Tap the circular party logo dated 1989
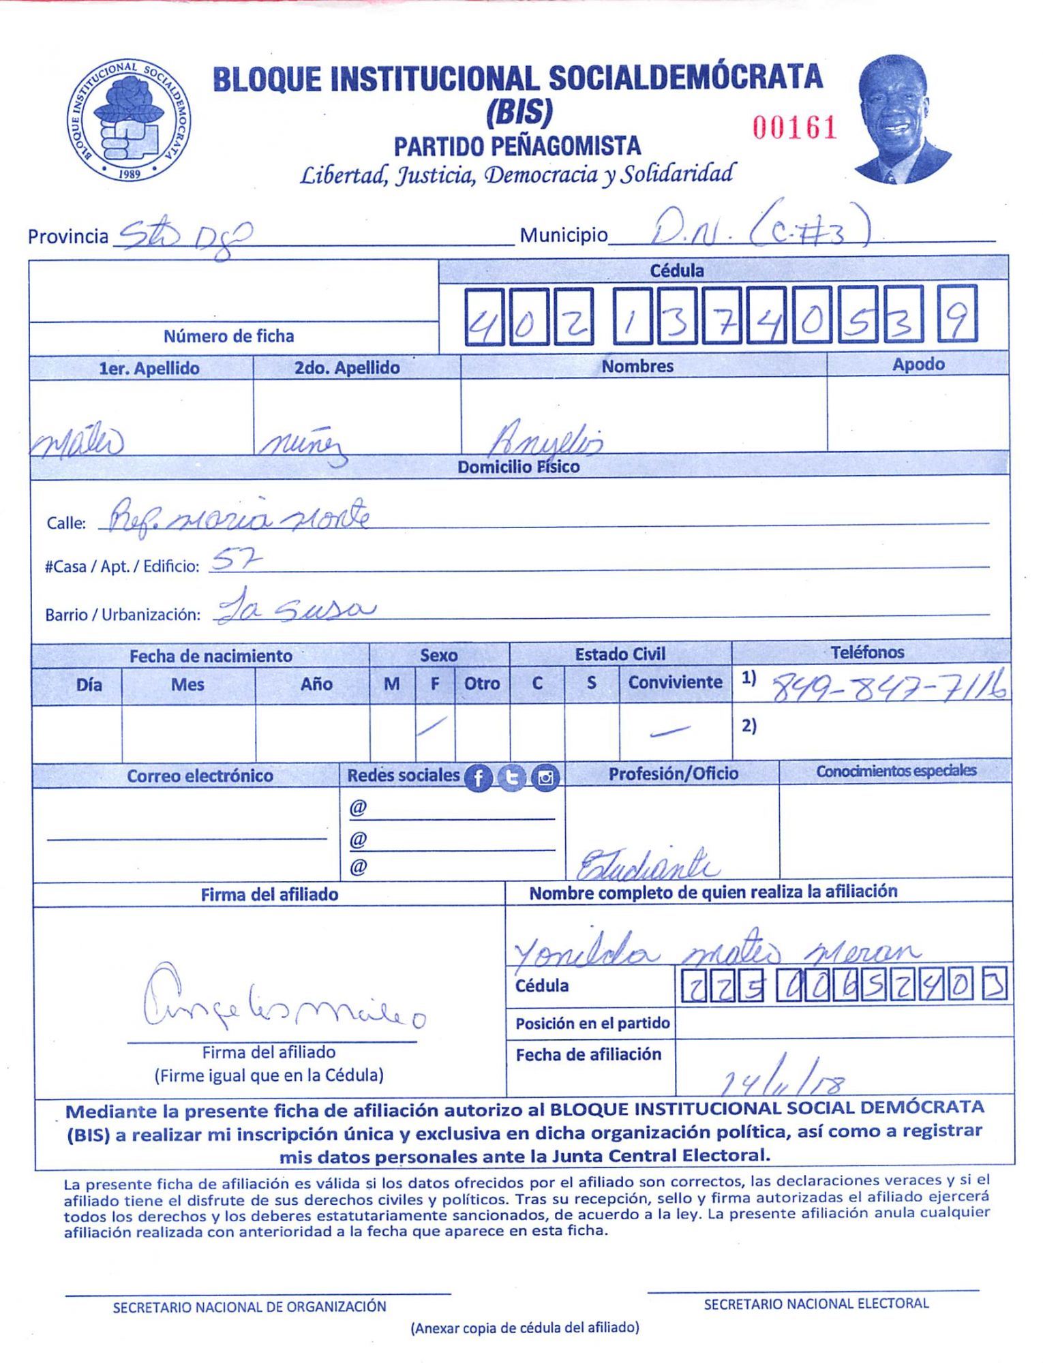coord(129,120)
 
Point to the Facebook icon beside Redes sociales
coord(478,778)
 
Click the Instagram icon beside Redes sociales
coord(545,778)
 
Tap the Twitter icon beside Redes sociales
coord(511,778)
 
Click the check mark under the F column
coord(433,726)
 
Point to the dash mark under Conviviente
coord(669,731)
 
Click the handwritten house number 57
coord(235,560)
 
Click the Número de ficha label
coord(228,336)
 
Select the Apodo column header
coord(918,365)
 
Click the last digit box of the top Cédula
coord(957,314)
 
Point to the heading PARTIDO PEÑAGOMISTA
coord(517,147)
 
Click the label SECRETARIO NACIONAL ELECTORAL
coord(816,1304)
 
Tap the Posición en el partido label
coord(592,1023)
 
